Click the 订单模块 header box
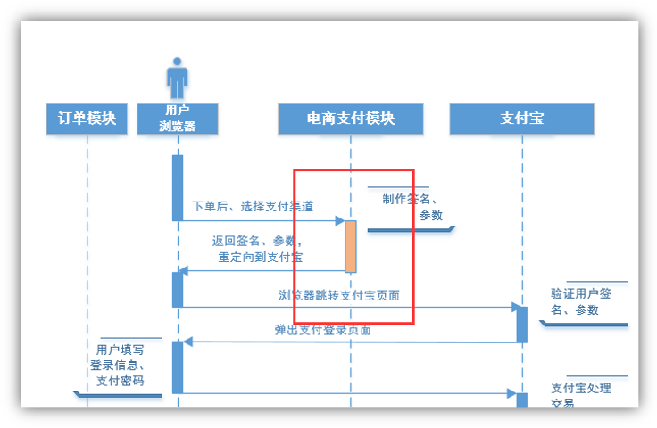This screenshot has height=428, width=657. pyautogui.click(x=87, y=119)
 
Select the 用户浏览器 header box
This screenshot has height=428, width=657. pyautogui.click(x=178, y=119)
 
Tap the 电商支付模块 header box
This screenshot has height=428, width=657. pyautogui.click(x=351, y=119)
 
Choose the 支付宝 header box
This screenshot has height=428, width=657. pyautogui.click(x=522, y=119)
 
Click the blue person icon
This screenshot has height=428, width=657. pyautogui.click(x=178, y=78)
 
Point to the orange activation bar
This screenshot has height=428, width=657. pyautogui.click(x=351, y=246)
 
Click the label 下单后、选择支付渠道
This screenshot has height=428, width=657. pyautogui.click(x=253, y=206)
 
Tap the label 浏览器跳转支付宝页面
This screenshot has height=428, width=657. pyautogui.click(x=338, y=295)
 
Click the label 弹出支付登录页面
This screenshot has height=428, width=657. pyautogui.click(x=322, y=330)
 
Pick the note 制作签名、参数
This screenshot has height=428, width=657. pyautogui.click(x=412, y=207)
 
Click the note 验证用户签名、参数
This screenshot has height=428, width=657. pyautogui.click(x=581, y=301)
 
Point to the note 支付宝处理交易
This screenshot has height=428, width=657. pyautogui.click(x=581, y=395)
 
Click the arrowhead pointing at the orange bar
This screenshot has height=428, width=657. pyautogui.click(x=340, y=220)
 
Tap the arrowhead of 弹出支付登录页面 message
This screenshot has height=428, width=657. pyautogui.click(x=187, y=342)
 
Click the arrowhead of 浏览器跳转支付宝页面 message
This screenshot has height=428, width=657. pyautogui.click(x=516, y=308)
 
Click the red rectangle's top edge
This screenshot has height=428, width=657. pyautogui.click(x=353, y=169)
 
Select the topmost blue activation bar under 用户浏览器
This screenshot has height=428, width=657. pyautogui.click(x=178, y=187)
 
